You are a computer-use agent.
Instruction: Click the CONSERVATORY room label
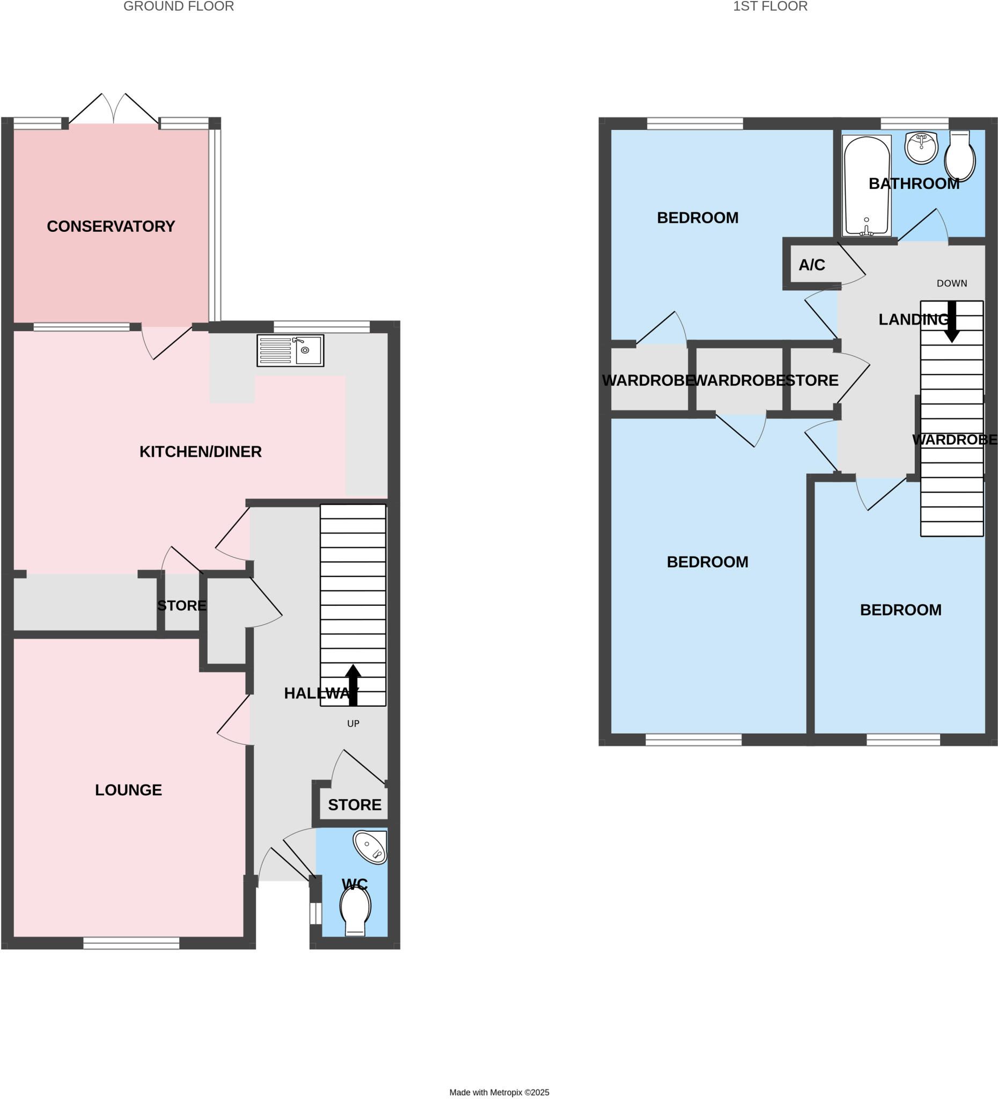[111, 226]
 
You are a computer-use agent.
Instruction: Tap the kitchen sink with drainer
[290, 350]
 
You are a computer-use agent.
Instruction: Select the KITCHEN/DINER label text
[200, 451]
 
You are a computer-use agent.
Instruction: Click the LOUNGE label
[128, 790]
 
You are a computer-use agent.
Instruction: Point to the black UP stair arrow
[353, 684]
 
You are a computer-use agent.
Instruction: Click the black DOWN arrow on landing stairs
[952, 322]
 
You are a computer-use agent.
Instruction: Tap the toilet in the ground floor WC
[355, 909]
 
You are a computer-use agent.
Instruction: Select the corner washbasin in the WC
[371, 847]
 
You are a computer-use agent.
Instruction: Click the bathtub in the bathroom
[866, 185]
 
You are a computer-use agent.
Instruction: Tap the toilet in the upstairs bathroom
[960, 157]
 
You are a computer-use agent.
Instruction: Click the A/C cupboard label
[812, 265]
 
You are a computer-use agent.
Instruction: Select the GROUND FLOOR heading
[179, 6]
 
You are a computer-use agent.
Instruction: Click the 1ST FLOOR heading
[769, 6]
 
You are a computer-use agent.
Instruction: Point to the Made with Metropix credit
[498, 1092]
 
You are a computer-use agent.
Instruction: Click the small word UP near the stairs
[353, 723]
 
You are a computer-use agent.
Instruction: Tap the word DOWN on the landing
[952, 283]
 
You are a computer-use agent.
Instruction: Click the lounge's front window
[131, 943]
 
